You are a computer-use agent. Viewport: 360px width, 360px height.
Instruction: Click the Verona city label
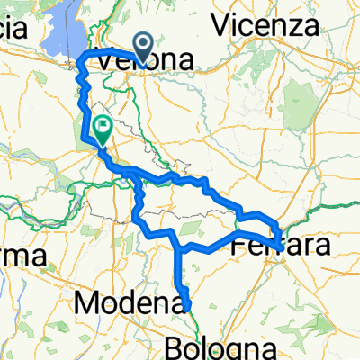145,62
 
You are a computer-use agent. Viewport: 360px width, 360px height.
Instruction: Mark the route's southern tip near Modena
189,307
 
